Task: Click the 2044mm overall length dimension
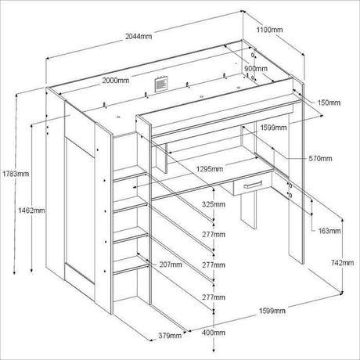[x=139, y=36]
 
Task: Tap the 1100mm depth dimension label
[x=269, y=30]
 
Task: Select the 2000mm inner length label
[x=116, y=81]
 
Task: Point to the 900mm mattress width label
[x=256, y=69]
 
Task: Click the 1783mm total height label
[x=16, y=174]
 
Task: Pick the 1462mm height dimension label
[x=31, y=210]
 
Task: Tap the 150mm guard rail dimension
[x=329, y=103]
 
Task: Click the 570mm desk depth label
[x=320, y=158]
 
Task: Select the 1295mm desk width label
[x=210, y=169]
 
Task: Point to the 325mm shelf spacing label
[x=214, y=204]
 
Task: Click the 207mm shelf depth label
[x=171, y=265]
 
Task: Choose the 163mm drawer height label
[x=329, y=231]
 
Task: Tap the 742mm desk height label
[x=343, y=263]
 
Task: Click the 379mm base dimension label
[x=170, y=336]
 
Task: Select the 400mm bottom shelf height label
[x=214, y=333]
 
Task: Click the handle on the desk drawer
[x=253, y=185]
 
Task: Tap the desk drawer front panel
[x=253, y=185]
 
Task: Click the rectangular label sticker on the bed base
[x=161, y=85]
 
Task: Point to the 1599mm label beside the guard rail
[x=273, y=128]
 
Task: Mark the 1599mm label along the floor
[x=272, y=311]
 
